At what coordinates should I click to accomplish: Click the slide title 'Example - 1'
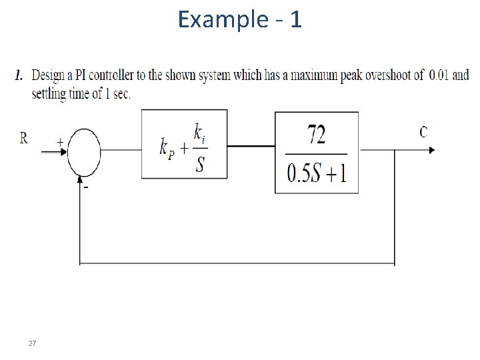coord(240,20)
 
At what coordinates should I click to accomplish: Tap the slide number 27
coord(32,343)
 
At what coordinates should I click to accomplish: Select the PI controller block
coord(184,144)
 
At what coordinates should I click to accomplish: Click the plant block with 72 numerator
coord(317,153)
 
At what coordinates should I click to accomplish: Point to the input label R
coord(24,138)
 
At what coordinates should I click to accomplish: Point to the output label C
coord(423,131)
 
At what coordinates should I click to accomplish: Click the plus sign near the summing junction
coord(60,141)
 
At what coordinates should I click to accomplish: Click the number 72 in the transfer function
coord(317,135)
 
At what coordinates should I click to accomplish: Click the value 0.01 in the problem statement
coord(439,75)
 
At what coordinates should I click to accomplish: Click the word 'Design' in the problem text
coord(47,75)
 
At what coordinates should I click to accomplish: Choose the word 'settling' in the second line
coord(49,93)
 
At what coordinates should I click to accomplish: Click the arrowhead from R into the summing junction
coord(64,151)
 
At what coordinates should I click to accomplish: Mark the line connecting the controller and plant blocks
coord(251,145)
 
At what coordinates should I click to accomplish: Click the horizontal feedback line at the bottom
coord(237,264)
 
